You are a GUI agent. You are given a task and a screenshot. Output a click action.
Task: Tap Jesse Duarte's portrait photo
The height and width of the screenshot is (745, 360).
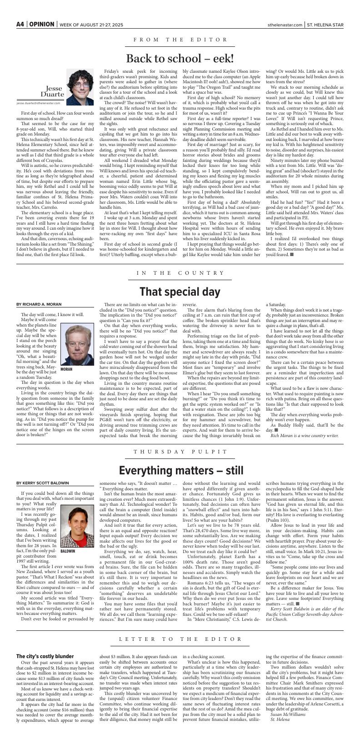[80, 84]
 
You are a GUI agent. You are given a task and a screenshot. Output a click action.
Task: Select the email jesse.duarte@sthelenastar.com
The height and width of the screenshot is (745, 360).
[39, 103]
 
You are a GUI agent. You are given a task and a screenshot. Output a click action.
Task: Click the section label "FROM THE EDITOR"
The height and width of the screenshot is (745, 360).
[180, 40]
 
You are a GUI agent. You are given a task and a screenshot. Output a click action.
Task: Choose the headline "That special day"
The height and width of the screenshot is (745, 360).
[180, 292]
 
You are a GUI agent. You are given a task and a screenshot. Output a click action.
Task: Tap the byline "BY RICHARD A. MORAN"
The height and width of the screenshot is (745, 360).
[39, 304]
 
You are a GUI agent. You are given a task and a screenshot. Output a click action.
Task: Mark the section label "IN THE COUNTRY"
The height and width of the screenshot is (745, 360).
[180, 273]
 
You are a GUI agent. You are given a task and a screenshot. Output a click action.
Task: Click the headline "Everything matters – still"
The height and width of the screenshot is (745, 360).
[180, 470]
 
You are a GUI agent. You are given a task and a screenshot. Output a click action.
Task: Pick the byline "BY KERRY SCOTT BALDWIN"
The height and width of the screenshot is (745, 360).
[43, 483]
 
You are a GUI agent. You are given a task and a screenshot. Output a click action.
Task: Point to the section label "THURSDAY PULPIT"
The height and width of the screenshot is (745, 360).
[180, 452]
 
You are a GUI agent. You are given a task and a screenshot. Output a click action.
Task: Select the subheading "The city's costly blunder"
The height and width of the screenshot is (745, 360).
[45, 656]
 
